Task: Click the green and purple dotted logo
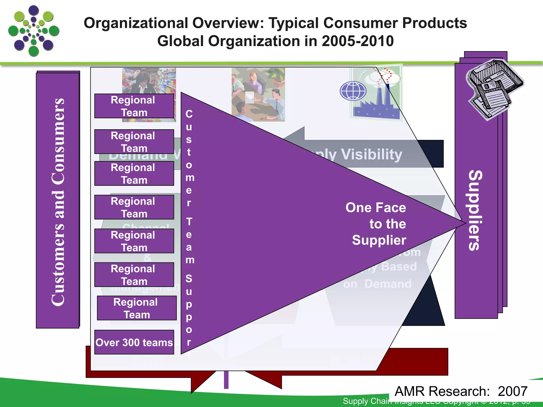(34, 31)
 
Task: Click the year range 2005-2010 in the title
(357, 41)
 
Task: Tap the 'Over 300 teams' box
(134, 342)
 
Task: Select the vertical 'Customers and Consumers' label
(58, 201)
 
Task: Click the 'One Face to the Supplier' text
(376, 224)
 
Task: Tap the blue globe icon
(353, 91)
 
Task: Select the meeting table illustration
(258, 95)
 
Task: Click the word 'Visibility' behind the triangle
(371, 154)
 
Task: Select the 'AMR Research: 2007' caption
(461, 391)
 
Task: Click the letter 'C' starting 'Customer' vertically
(189, 114)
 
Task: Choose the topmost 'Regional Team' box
(134, 106)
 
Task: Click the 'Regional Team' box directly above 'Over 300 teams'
(137, 308)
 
